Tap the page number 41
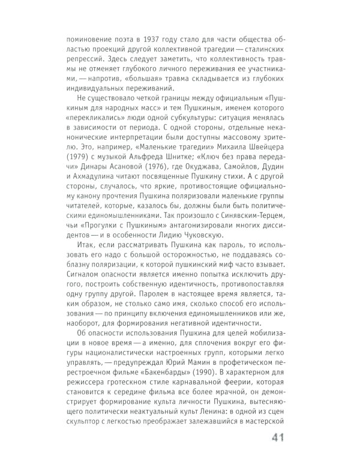(282, 436)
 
